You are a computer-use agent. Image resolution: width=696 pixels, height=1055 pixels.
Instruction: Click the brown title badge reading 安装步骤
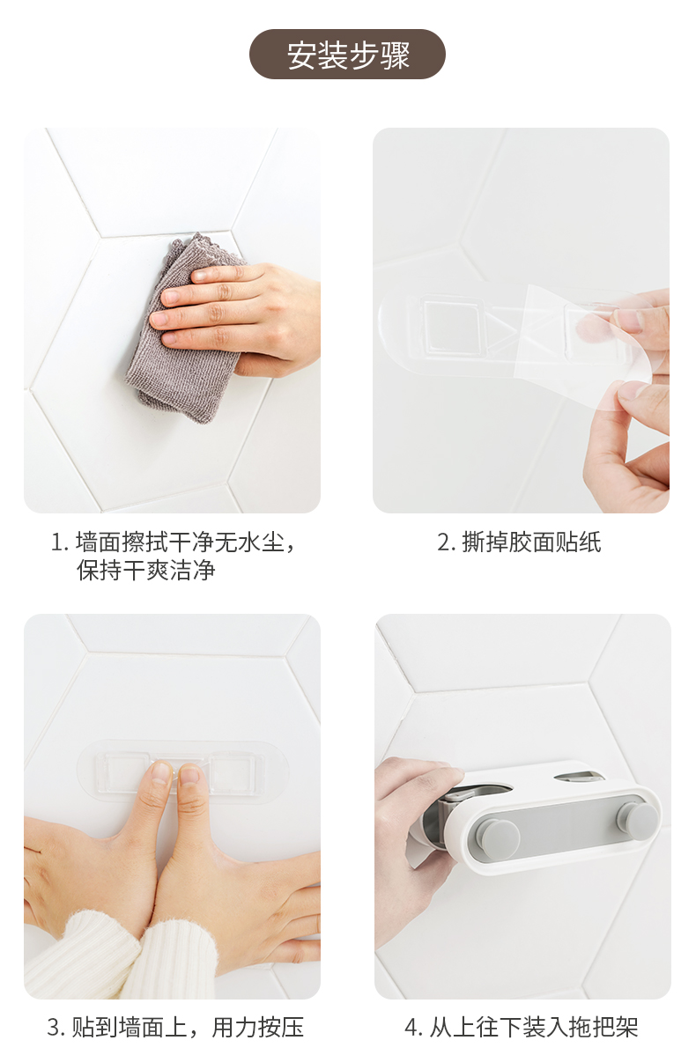pyautogui.click(x=347, y=54)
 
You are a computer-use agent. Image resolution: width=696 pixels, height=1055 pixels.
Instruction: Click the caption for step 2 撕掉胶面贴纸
pyautogui.click(x=519, y=542)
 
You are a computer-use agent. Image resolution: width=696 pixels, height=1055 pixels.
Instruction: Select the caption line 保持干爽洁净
pyautogui.click(x=146, y=571)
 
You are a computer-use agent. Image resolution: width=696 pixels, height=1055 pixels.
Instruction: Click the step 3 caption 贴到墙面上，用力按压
pyautogui.click(x=175, y=1028)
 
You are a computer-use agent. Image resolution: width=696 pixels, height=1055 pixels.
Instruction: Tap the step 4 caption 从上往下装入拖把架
pyautogui.click(x=521, y=1028)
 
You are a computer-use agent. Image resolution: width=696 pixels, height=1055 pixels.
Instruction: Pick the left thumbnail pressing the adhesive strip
pyautogui.click(x=161, y=774)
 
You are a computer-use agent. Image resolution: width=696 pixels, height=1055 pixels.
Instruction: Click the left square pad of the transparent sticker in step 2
pyautogui.click(x=452, y=326)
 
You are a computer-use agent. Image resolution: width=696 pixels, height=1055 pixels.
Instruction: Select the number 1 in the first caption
pyautogui.click(x=58, y=542)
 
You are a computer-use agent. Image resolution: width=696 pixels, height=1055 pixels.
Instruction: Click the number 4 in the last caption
pyautogui.click(x=411, y=1028)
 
